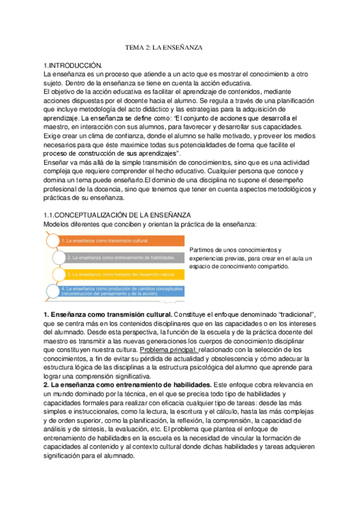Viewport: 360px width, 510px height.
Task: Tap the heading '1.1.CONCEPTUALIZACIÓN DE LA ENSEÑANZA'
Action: tap(118, 215)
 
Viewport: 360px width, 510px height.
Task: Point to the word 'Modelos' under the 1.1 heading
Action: tap(58, 224)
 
